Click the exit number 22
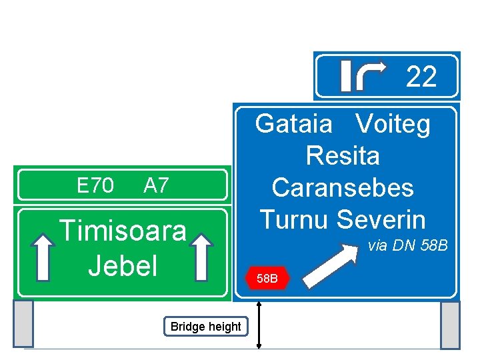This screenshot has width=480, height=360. pos(421,77)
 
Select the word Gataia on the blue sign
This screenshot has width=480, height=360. pos(293,124)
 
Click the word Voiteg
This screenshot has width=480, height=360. pos(393,124)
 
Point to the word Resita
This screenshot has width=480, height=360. pos(343,156)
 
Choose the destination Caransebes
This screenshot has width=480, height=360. pos(343,187)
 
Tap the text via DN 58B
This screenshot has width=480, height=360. pos(407,246)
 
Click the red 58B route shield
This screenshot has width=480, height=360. pos(267,278)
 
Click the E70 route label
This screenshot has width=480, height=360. pos(95,185)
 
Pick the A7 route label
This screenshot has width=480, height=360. pos(156,185)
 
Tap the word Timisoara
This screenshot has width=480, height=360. pos(123,231)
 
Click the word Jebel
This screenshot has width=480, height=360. pos(123,265)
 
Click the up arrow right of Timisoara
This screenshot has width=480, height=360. pos(202,257)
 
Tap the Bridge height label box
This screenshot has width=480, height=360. pos(205,327)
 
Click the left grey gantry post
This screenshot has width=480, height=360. pos(23,324)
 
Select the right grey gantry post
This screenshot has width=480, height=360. pos(451,325)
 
